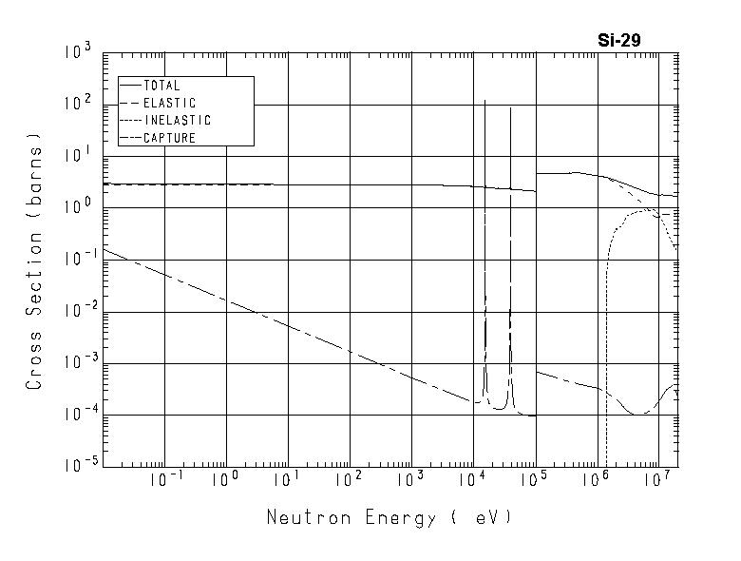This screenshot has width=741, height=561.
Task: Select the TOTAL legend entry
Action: [x=161, y=86]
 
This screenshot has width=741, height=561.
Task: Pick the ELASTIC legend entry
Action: [x=168, y=103]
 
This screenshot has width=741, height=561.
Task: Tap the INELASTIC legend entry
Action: [x=176, y=121]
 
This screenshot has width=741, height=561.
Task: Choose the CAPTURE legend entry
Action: [x=168, y=138]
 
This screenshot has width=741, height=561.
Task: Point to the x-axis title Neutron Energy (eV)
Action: [x=389, y=518]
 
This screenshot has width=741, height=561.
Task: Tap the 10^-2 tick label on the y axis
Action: [x=76, y=310]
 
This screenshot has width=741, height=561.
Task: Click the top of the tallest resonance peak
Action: [x=485, y=100]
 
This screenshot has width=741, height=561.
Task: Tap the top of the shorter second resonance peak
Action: [x=510, y=107]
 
